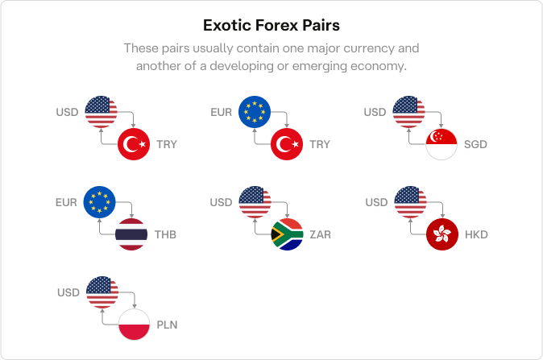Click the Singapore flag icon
pyautogui.click(x=441, y=144)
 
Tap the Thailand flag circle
pyautogui.click(x=131, y=234)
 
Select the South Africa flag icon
pyautogui.click(x=287, y=234)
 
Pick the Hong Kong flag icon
pyautogui.click(x=442, y=234)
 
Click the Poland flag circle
pyautogui.click(x=134, y=325)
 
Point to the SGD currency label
pyautogui.click(x=475, y=144)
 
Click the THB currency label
pyautogui.click(x=165, y=234)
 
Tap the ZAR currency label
pyautogui.click(x=321, y=234)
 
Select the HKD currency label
pyautogui.click(x=476, y=234)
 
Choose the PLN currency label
pyautogui.click(x=167, y=325)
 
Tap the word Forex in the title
pyautogui.click(x=276, y=25)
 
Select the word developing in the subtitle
pyautogui.click(x=242, y=66)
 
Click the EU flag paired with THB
pyautogui.click(x=99, y=202)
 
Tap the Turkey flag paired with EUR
pyautogui.click(x=287, y=144)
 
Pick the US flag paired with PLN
pyautogui.click(x=102, y=292)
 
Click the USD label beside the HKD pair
pyautogui.click(x=376, y=202)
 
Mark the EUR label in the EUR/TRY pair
pyautogui.click(x=222, y=112)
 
